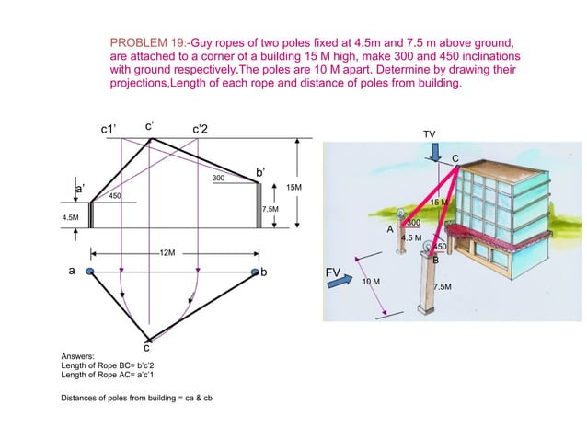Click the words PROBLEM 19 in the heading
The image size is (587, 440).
point(143,43)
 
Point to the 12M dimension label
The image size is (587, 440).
point(167,251)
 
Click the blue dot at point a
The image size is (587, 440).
point(89,272)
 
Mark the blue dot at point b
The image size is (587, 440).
point(255,272)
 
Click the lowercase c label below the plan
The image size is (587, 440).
point(145,347)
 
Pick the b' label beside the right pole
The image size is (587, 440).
point(261,172)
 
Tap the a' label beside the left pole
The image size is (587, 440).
point(80,188)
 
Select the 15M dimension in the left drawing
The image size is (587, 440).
point(294,187)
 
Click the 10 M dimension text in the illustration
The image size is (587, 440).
point(372,280)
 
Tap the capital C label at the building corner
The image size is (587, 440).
point(455,160)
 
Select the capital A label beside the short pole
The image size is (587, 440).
point(390,227)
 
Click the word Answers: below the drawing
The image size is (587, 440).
point(77,356)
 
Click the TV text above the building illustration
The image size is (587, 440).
point(429,134)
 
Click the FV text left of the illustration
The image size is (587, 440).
point(333,273)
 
